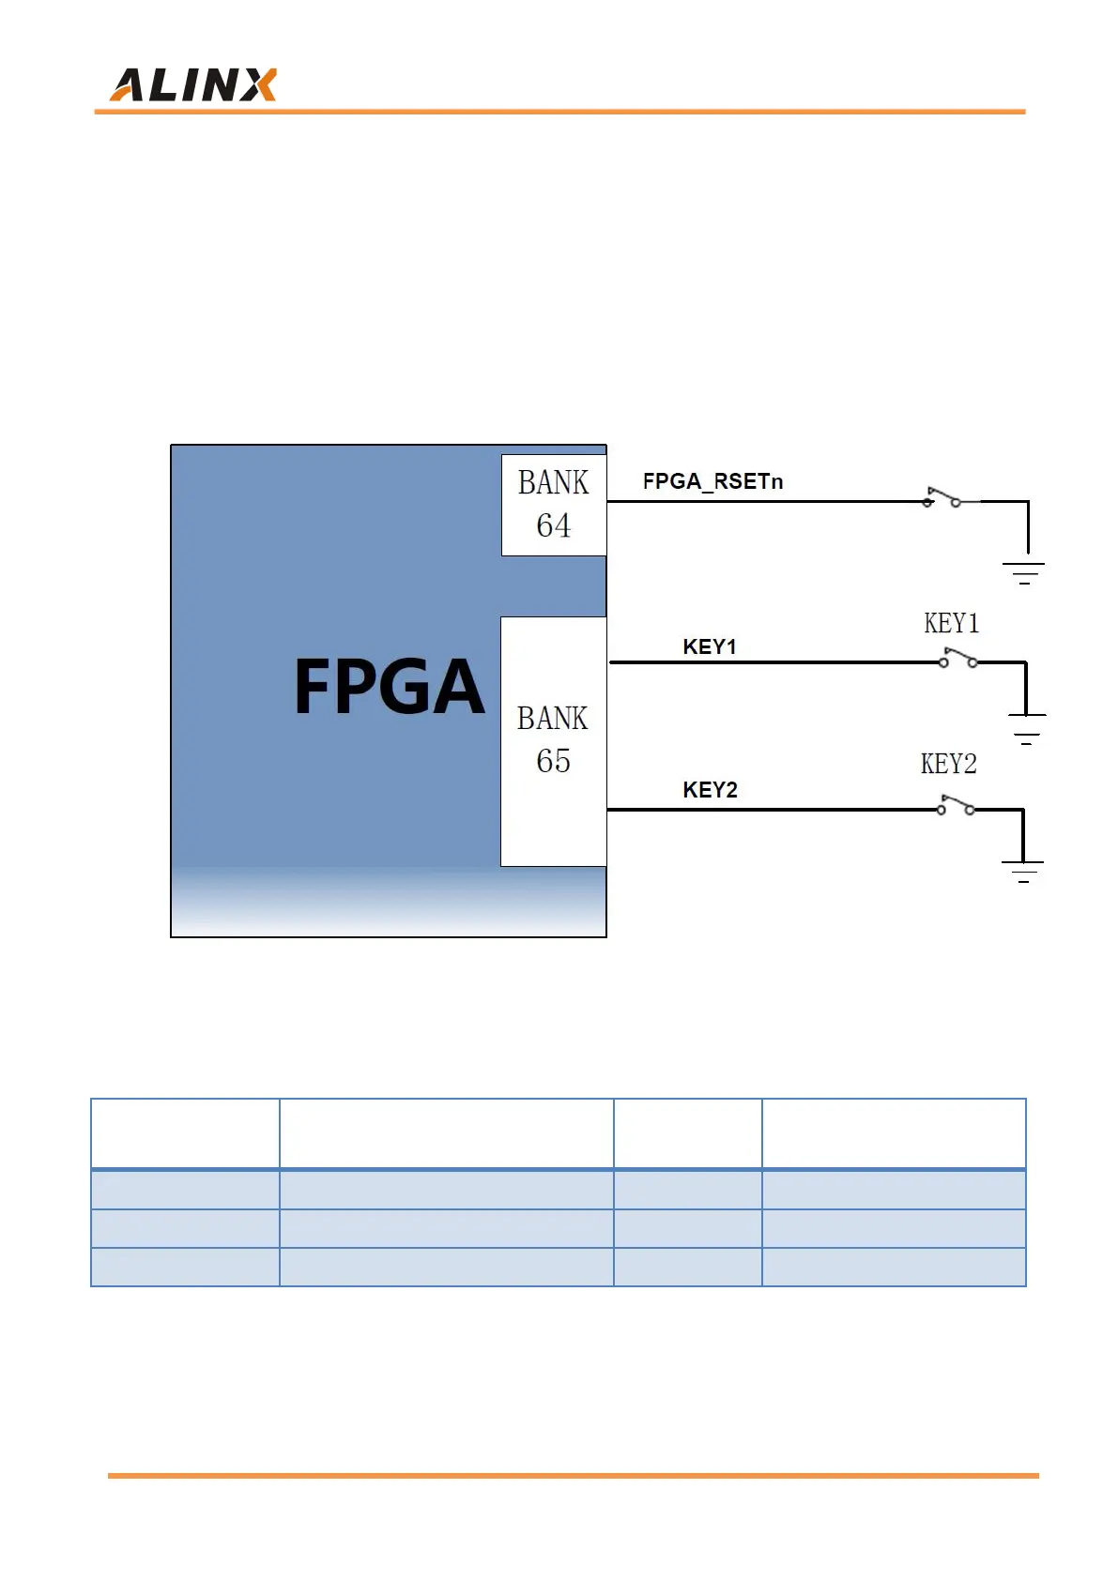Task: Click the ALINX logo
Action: (x=193, y=85)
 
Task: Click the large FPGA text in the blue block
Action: (x=389, y=687)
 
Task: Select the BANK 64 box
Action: (x=554, y=505)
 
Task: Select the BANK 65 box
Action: (x=553, y=740)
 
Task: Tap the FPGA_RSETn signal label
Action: (x=712, y=481)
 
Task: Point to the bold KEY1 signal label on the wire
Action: (x=710, y=646)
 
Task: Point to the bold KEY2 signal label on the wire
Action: (x=710, y=790)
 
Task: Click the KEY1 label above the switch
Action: (x=951, y=624)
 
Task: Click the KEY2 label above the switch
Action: (x=948, y=765)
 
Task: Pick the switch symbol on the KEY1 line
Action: (x=957, y=659)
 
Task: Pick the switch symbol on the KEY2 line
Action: (x=956, y=805)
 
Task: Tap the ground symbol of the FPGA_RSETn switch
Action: (x=1024, y=572)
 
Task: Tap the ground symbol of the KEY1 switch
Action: (x=1026, y=729)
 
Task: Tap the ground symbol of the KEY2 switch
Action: (x=1022, y=872)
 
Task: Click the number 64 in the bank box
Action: (x=554, y=525)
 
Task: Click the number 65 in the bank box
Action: (x=553, y=761)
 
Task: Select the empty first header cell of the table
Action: (x=185, y=1133)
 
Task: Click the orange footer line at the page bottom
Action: (x=573, y=1476)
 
